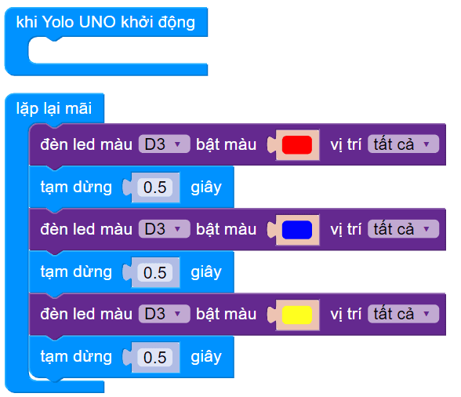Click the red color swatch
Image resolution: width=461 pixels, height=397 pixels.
pyautogui.click(x=297, y=144)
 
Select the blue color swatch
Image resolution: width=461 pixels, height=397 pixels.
pyautogui.click(x=297, y=229)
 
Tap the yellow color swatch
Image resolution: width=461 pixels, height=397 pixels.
pyautogui.click(x=297, y=314)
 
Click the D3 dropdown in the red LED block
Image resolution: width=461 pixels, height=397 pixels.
pyautogui.click(x=164, y=144)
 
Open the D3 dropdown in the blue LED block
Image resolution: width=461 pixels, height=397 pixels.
pyautogui.click(x=164, y=229)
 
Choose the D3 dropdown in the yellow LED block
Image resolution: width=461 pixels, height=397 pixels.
pyautogui.click(x=164, y=314)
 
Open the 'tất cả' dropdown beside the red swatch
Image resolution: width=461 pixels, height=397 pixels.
pyautogui.click(x=402, y=144)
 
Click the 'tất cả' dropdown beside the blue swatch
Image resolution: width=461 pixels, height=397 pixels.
pyautogui.click(x=402, y=229)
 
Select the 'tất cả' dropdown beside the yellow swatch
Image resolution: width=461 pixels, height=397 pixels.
pyautogui.click(x=402, y=314)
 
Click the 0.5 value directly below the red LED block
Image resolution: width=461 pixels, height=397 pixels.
pyautogui.click(x=155, y=188)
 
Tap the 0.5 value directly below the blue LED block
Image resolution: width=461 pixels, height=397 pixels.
pyautogui.click(x=155, y=272)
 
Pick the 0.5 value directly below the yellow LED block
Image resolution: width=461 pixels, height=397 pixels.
pyautogui.click(x=155, y=357)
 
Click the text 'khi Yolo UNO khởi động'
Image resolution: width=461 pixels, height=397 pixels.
pyautogui.click(x=106, y=22)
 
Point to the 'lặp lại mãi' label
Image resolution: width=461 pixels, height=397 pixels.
pyautogui.click(x=53, y=107)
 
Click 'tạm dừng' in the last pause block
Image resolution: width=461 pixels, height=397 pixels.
pyautogui.click(x=76, y=356)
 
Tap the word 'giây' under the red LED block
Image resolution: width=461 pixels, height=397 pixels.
pyautogui.click(x=206, y=187)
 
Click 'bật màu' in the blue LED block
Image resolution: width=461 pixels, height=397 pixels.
pyautogui.click(x=226, y=229)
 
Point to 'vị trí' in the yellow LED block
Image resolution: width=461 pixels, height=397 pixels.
pyautogui.click(x=345, y=314)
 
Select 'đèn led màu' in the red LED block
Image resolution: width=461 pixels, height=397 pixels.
pyautogui.click(x=86, y=144)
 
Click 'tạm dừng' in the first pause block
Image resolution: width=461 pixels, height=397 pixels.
pyautogui.click(x=76, y=187)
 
